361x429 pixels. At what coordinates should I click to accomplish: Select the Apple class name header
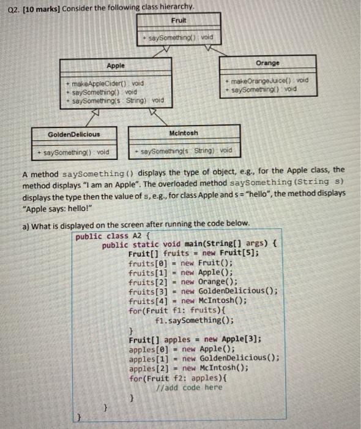point(115,66)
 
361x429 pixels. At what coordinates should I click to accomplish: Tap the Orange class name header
point(267,63)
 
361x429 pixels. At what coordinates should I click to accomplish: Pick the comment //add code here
point(189,387)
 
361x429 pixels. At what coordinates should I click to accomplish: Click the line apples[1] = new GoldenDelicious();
point(204,359)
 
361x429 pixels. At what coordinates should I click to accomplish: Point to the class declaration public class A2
point(114,235)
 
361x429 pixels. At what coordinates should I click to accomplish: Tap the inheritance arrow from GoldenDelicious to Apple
point(95,116)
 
